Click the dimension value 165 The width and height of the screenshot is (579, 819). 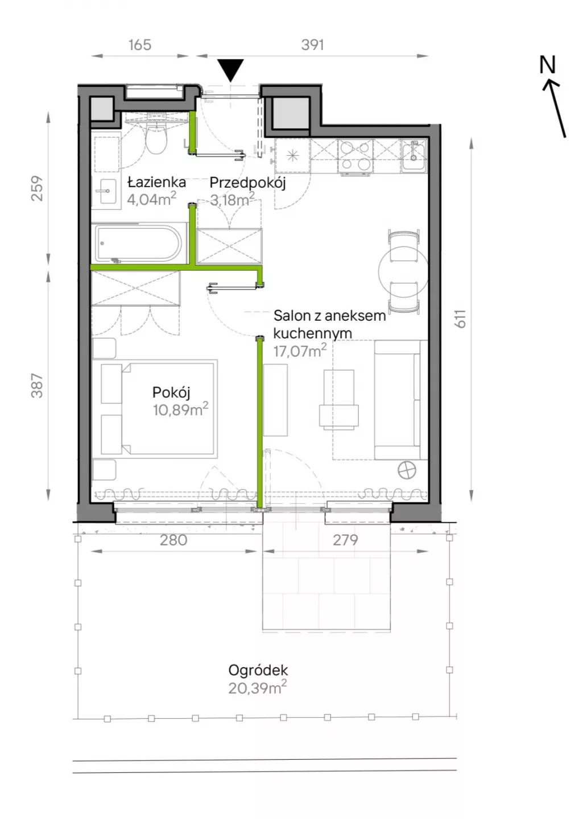(140, 44)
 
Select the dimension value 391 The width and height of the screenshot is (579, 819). (312, 44)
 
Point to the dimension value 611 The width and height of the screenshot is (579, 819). (461, 318)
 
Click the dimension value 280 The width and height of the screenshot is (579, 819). (173, 540)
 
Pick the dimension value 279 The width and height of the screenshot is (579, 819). (345, 540)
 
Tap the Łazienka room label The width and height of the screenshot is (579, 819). (156, 182)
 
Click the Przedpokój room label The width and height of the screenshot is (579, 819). (247, 183)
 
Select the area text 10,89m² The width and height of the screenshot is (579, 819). (180, 409)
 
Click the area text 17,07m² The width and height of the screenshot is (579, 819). (300, 350)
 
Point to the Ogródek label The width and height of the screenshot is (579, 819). (258, 671)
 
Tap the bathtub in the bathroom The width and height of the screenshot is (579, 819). (138, 243)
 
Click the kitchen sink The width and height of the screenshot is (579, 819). (414, 155)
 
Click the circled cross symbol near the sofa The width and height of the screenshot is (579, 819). (407, 470)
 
